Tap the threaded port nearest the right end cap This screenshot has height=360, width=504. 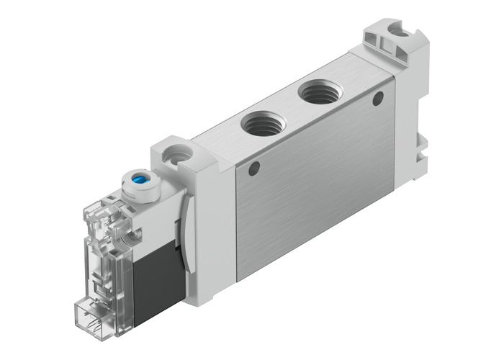pos(318,91)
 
